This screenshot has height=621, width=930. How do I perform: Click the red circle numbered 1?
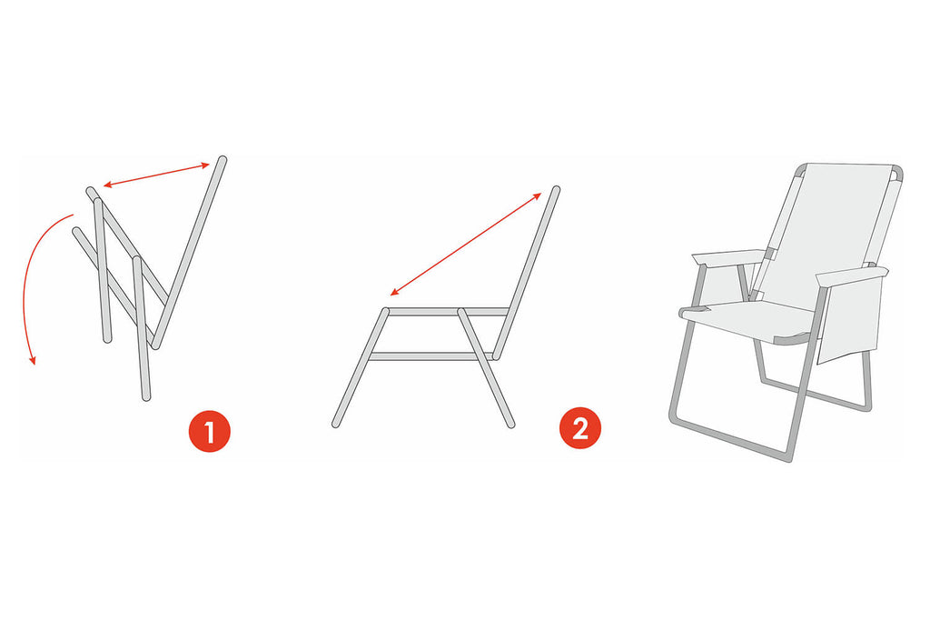(x=209, y=431)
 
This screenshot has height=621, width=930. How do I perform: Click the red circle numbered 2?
(x=580, y=428)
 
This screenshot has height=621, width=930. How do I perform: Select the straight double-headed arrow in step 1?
(x=156, y=175)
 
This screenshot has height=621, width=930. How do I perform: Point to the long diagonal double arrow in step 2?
(x=466, y=244)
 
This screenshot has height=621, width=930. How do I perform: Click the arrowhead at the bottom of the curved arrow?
(x=33, y=358)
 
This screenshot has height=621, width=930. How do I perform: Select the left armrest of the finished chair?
(x=728, y=258)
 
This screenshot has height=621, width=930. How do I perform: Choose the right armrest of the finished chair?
(x=852, y=275)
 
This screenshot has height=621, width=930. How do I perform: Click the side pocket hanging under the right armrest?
(x=848, y=321)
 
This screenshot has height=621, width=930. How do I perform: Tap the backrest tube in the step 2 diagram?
(x=526, y=274)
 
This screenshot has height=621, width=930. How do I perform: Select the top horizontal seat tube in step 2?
(x=447, y=312)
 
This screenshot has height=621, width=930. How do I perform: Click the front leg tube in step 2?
(x=360, y=367)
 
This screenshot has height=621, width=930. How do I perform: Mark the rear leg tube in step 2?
(x=486, y=367)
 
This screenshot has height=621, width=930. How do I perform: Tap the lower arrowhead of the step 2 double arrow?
(x=393, y=293)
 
